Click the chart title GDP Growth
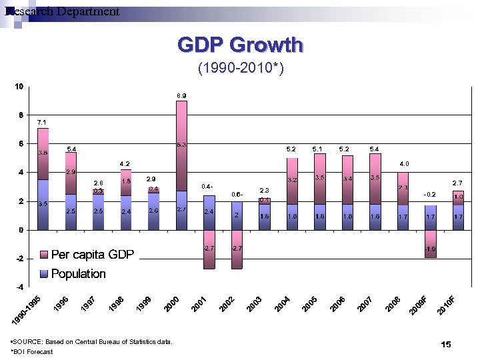240,45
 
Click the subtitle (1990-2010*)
240,68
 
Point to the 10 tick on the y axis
19,87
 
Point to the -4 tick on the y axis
19,287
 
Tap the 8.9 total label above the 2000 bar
181,96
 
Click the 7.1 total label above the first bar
41,123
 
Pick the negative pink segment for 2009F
430,243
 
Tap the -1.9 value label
430,249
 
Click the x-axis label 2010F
447,305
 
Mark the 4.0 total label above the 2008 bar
404,163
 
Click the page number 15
446,344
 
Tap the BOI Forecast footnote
33,351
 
